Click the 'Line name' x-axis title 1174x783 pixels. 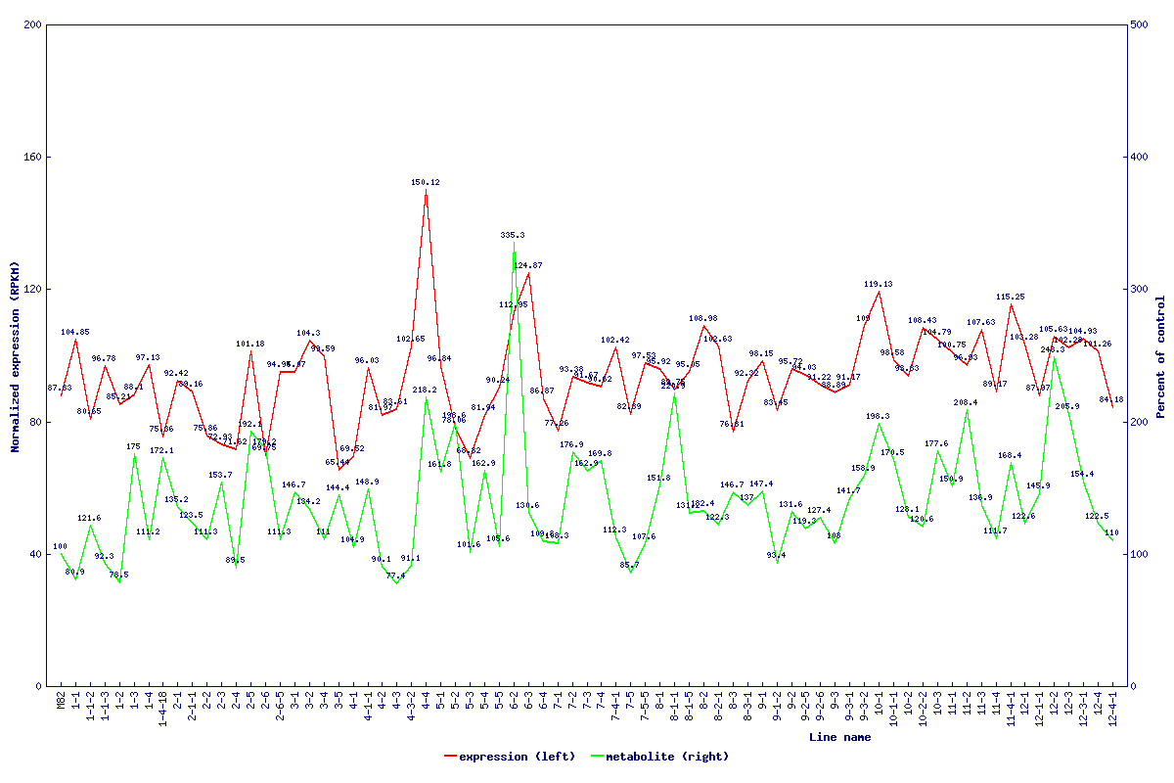pyautogui.click(x=839, y=737)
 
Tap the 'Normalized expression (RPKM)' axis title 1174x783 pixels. pyautogui.click(x=15, y=357)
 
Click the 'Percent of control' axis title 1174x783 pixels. pyautogui.click(x=1160, y=357)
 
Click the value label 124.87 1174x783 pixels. pyautogui.click(x=528, y=265)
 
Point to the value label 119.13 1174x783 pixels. pyautogui.click(x=878, y=284)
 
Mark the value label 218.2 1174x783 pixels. pyautogui.click(x=425, y=390)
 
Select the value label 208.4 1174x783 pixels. pyautogui.click(x=966, y=402)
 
